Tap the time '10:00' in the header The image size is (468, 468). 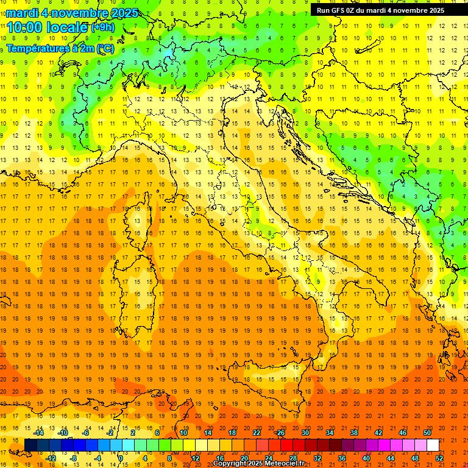29,27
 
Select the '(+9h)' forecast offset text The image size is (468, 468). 102,27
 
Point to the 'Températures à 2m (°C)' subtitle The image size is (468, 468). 60,48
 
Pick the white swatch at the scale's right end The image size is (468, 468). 433,445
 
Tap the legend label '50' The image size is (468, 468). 427,433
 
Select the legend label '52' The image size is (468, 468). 439,458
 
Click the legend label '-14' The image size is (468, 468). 38,433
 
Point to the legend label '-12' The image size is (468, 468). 51,458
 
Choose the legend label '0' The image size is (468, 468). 121,458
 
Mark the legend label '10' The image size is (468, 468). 183,433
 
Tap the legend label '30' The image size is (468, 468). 305,433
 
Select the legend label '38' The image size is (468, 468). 353,433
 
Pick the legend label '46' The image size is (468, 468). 402,433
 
